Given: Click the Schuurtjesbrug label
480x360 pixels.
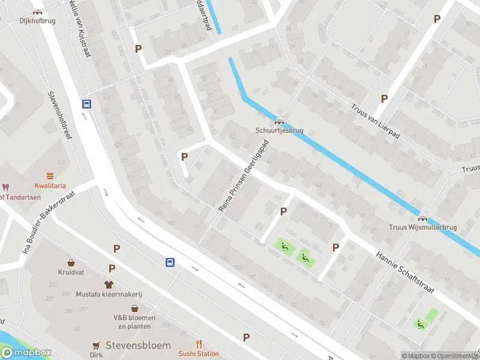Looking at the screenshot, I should point(279,130).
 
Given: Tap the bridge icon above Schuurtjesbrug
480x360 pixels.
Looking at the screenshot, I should point(279,121).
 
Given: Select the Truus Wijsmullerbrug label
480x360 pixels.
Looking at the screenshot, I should point(423,227).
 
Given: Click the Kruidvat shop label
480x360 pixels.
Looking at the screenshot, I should point(71,272).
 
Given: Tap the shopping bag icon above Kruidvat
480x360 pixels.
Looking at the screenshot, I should point(71,263).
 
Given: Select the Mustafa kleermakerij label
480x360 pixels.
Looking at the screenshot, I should point(109,294).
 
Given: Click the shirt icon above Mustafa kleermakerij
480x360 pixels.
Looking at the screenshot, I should point(109,284).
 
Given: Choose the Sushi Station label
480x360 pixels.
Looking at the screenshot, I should point(199,353).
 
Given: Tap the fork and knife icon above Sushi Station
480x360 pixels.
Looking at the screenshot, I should point(199,344).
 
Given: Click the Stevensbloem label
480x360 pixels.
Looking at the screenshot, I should point(138,346).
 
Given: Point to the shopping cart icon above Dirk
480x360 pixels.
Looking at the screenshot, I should point(96,345).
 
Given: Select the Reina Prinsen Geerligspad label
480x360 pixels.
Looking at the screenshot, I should point(243,175).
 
